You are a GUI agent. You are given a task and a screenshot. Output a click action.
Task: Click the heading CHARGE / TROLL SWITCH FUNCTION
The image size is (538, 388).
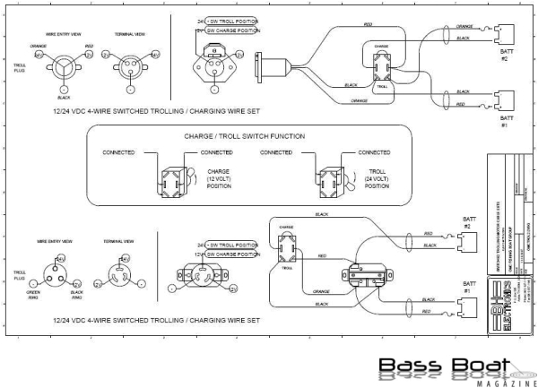(x=245, y=136)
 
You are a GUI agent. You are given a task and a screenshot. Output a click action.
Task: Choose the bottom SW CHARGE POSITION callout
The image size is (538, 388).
(x=231, y=254)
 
